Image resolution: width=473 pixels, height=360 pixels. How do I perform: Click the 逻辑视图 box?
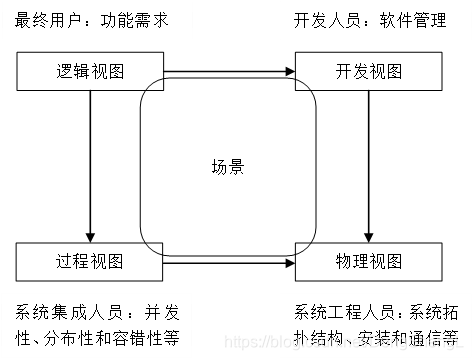point(90,71)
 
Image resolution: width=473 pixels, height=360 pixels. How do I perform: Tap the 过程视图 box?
point(90,262)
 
